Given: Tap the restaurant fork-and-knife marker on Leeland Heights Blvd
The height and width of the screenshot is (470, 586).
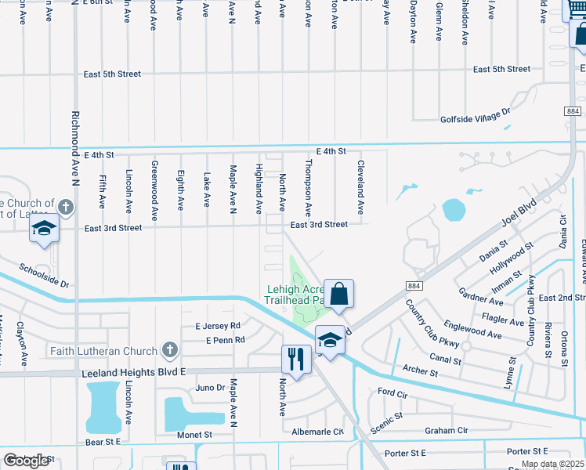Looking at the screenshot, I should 295,359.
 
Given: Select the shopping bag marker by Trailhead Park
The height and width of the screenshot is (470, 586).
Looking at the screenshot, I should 339,294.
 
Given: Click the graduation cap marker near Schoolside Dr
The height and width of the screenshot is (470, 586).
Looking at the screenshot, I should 45,229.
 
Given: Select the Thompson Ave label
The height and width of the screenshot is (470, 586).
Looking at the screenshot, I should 309,188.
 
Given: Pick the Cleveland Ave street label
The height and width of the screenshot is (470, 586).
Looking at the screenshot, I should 361,188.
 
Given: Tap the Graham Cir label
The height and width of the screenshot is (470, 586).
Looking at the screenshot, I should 446,430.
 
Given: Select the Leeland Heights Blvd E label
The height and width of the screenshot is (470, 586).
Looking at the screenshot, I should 134,374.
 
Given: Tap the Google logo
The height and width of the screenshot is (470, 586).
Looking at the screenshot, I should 27,461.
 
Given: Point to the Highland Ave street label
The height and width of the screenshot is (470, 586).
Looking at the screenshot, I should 258,189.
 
